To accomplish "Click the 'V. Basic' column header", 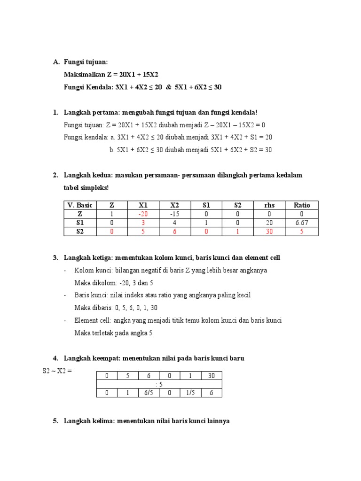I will tap(80, 205).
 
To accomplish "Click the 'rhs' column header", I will tap(269, 205).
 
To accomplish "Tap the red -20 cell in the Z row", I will tap(143, 214).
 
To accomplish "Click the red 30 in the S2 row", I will tap(269, 232).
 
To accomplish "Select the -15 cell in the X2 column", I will tap(174, 214).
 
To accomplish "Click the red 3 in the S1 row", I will tap(143, 223).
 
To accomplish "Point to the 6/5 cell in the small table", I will tap(149, 393).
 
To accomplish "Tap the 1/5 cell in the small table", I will tap(191, 393).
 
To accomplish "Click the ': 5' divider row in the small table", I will tap(159, 384).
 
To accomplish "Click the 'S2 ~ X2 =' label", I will tap(57, 371).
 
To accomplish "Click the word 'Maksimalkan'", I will tap(82, 75).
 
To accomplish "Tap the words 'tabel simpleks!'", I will tap(86, 187).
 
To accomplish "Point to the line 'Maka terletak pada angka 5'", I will tap(113, 333).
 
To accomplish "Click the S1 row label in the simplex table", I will tap(80, 223).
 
